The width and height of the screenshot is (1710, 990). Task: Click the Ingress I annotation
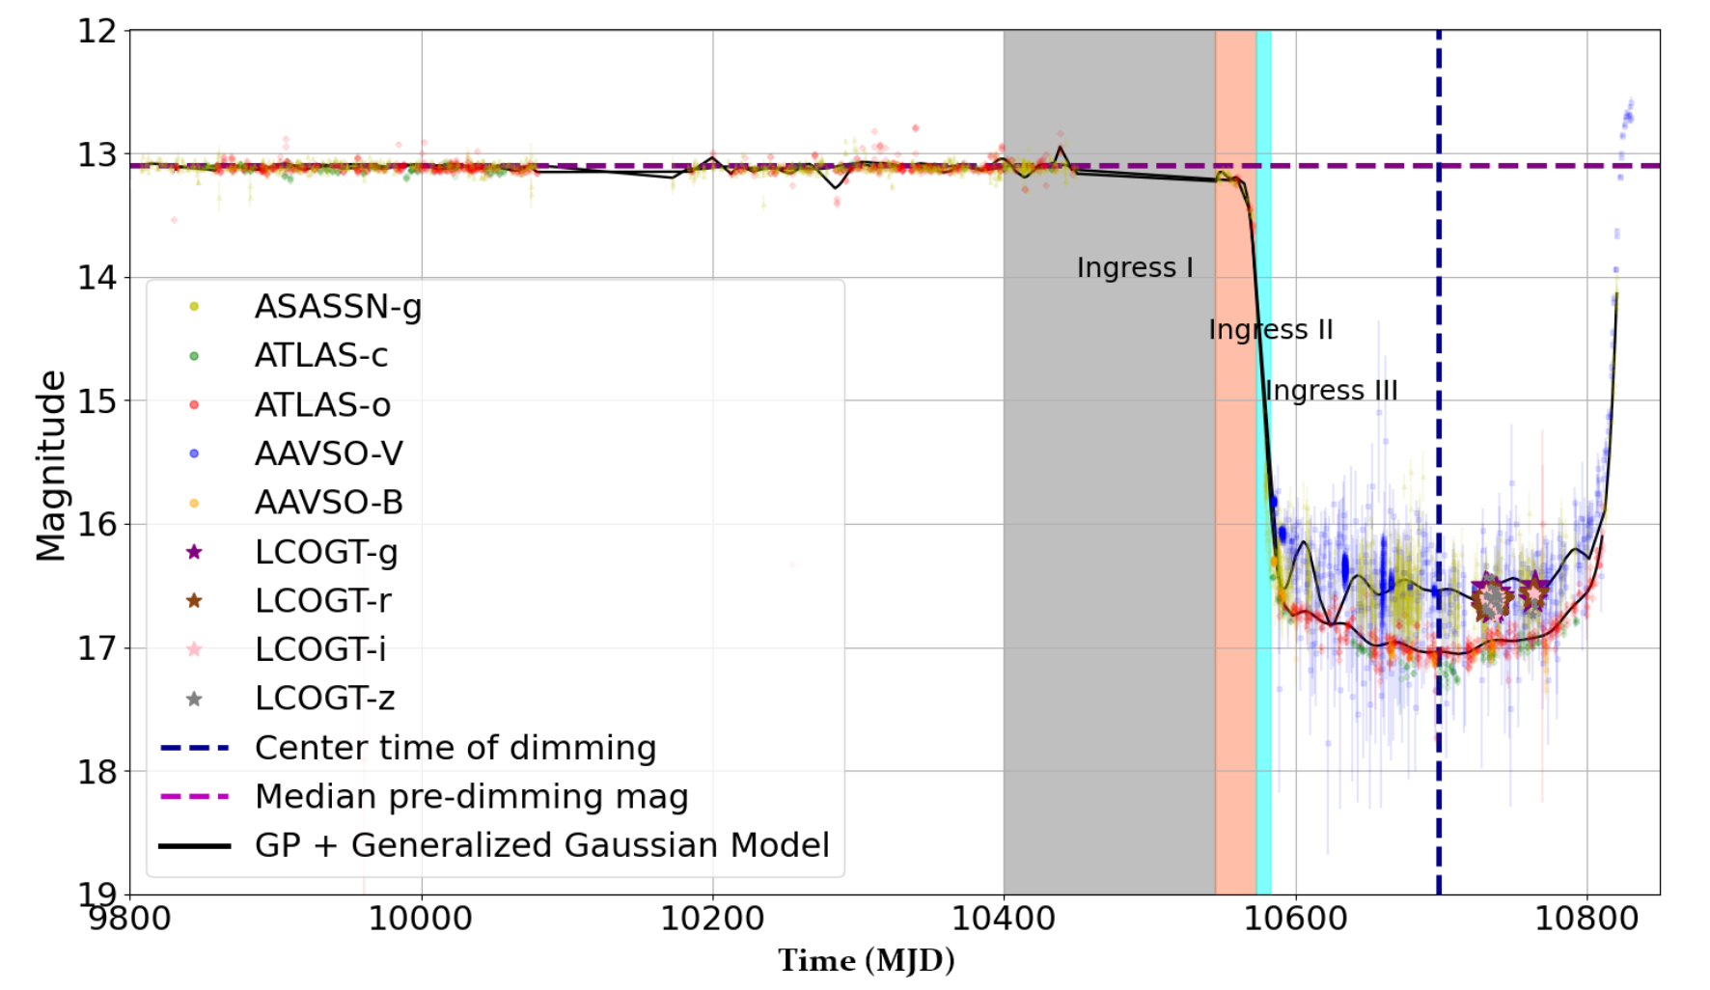point(1135,267)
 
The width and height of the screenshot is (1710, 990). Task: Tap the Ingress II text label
point(1270,330)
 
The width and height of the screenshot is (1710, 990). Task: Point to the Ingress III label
point(1331,391)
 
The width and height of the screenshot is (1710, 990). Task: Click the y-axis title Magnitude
point(50,465)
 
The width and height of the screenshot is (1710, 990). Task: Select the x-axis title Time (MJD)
point(866,961)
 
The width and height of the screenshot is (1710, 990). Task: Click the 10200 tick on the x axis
point(712,918)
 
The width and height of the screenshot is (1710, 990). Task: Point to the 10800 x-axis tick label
point(1586,918)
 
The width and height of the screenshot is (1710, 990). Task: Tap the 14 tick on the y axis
point(97,278)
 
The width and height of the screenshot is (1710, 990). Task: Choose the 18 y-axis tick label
point(97,772)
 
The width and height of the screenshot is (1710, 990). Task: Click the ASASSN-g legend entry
point(338,307)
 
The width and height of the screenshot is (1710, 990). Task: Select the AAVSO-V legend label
point(328,454)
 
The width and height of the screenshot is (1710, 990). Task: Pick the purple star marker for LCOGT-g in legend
point(194,552)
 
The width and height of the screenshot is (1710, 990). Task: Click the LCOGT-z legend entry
point(324,699)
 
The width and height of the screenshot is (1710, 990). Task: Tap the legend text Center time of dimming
point(455,748)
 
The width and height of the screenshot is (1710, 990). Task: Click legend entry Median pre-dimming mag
point(471,797)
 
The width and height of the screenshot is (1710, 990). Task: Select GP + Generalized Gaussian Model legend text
point(541,845)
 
